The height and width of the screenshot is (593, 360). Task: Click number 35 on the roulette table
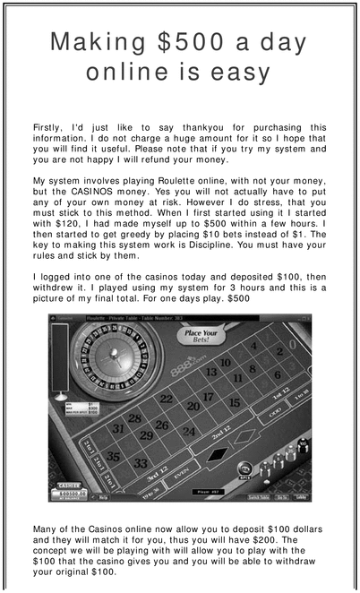coord(113,456)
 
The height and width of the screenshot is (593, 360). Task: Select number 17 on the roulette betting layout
coord(208,397)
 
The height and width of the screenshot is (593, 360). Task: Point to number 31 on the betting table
coord(118,429)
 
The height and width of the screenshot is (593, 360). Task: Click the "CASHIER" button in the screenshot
coord(70,486)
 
